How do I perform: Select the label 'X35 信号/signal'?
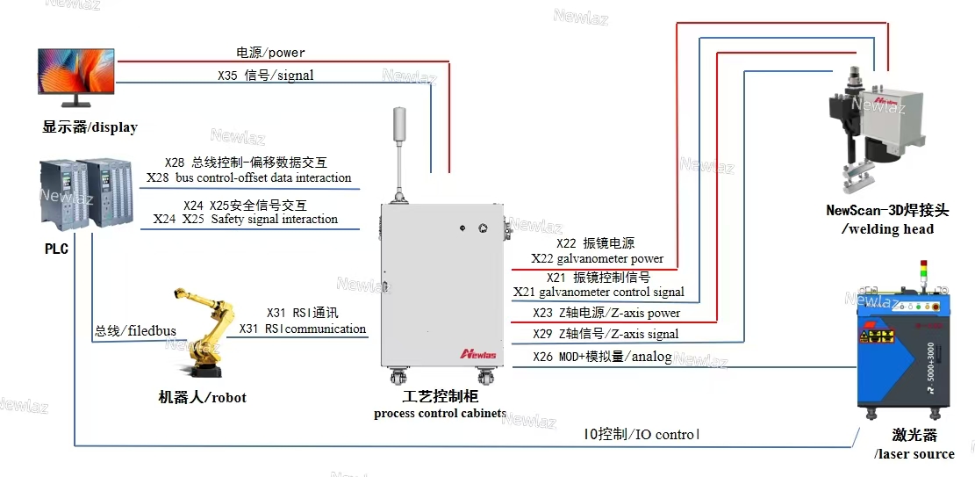265,76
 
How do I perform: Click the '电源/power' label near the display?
271,53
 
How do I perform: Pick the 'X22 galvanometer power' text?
597,258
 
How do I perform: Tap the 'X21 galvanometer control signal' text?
599,292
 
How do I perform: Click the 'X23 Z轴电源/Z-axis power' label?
606,313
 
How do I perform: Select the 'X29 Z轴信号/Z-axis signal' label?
606,334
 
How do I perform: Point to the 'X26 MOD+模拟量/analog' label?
602,356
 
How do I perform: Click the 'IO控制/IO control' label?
642,434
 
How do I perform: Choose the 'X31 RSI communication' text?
303,329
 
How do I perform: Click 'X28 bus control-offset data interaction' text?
249,177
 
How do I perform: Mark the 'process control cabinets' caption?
440,413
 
